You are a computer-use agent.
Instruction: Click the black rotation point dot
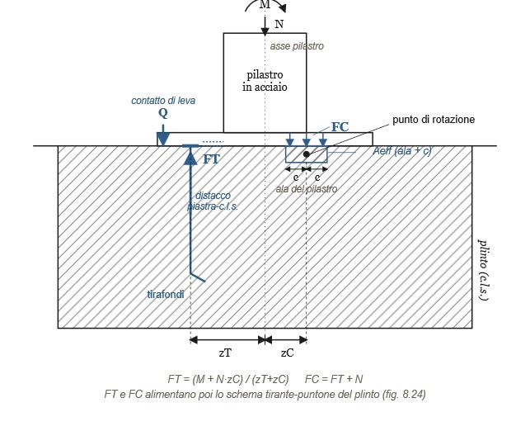click(x=307, y=154)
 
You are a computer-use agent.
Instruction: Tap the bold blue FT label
click(x=211, y=159)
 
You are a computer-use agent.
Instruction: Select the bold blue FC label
click(x=340, y=127)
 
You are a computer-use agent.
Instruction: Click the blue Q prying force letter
click(x=163, y=113)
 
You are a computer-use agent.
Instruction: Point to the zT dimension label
click(x=225, y=353)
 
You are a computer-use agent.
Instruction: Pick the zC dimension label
click(x=288, y=353)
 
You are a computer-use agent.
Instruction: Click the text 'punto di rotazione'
click(x=434, y=120)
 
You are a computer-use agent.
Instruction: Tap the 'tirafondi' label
click(x=166, y=295)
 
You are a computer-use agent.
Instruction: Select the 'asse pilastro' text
click(x=297, y=46)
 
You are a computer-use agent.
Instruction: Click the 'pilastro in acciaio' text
click(x=265, y=81)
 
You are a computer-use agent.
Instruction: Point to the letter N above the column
click(x=279, y=24)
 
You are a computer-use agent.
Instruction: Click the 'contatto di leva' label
click(x=163, y=101)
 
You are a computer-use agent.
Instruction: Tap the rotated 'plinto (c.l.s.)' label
click(x=483, y=270)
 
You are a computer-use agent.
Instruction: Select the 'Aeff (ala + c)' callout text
click(x=402, y=150)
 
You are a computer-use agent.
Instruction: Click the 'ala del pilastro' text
click(x=307, y=189)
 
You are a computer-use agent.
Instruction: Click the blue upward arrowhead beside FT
click(x=190, y=158)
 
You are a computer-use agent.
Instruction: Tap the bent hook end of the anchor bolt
click(x=198, y=277)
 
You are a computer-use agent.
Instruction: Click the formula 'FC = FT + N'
click(x=334, y=379)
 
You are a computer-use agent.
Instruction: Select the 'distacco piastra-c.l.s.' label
click(x=213, y=201)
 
